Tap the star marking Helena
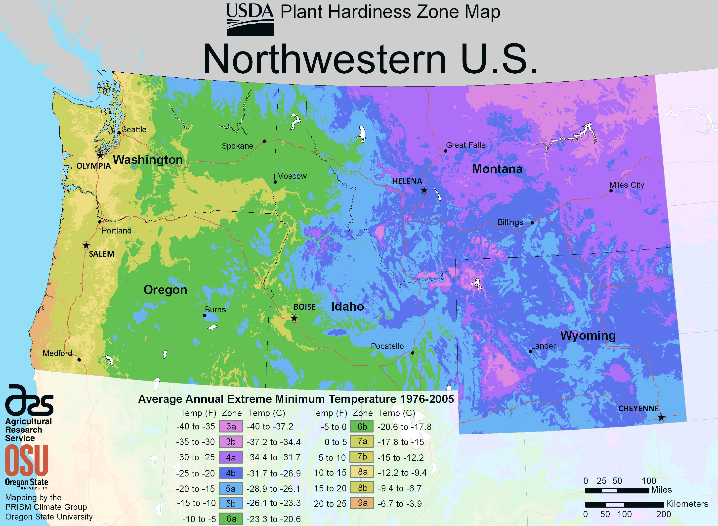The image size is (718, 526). click(x=424, y=191)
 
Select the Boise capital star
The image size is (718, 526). click(x=294, y=318)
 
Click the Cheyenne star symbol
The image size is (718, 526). click(x=661, y=417)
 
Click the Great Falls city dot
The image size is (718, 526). click(x=445, y=151)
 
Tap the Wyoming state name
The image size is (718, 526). click(x=588, y=335)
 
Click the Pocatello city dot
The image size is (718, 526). click(x=413, y=353)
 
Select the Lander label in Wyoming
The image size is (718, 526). click(x=543, y=346)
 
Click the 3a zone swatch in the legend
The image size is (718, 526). click(x=231, y=426)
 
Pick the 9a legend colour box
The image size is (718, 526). click(x=362, y=503)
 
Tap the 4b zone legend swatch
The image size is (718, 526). click(x=231, y=473)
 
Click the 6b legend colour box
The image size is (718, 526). click(x=362, y=427)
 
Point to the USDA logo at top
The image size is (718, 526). click(x=250, y=19)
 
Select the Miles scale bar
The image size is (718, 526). click(x=617, y=491)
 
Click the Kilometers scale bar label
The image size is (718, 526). click(x=687, y=504)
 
